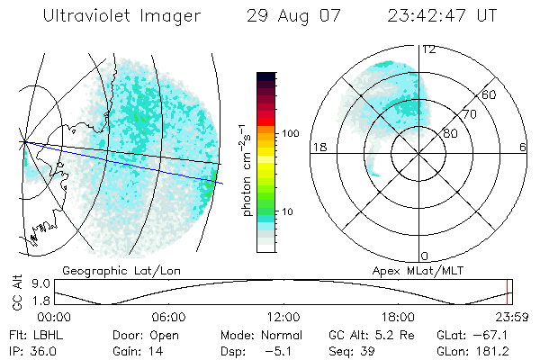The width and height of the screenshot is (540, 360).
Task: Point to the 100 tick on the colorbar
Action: (x=291, y=133)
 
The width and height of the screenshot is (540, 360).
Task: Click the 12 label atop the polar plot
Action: (x=428, y=49)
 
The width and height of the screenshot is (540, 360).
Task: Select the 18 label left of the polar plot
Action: (x=318, y=148)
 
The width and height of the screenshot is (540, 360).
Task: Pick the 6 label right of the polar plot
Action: (x=523, y=148)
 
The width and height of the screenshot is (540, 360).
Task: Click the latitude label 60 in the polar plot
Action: (x=490, y=94)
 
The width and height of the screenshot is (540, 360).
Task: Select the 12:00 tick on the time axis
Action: (x=283, y=317)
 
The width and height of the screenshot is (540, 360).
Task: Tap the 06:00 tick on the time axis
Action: (x=168, y=317)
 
